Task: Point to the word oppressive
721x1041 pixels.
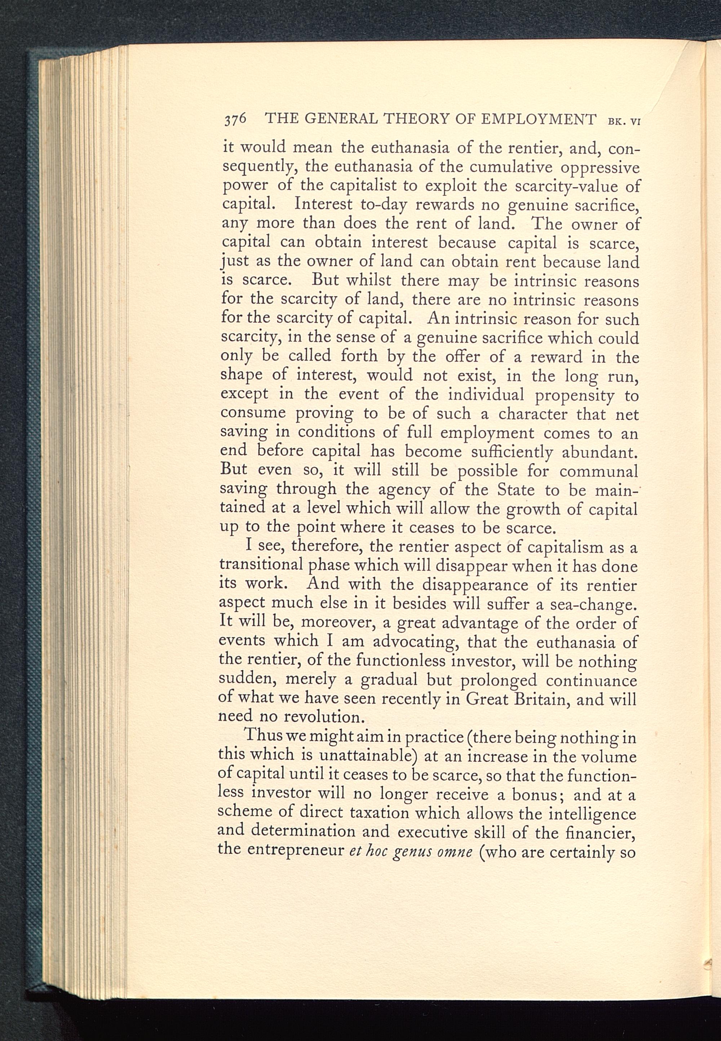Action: (x=600, y=168)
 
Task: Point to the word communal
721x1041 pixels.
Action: (x=598, y=471)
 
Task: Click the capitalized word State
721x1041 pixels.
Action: (x=516, y=490)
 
